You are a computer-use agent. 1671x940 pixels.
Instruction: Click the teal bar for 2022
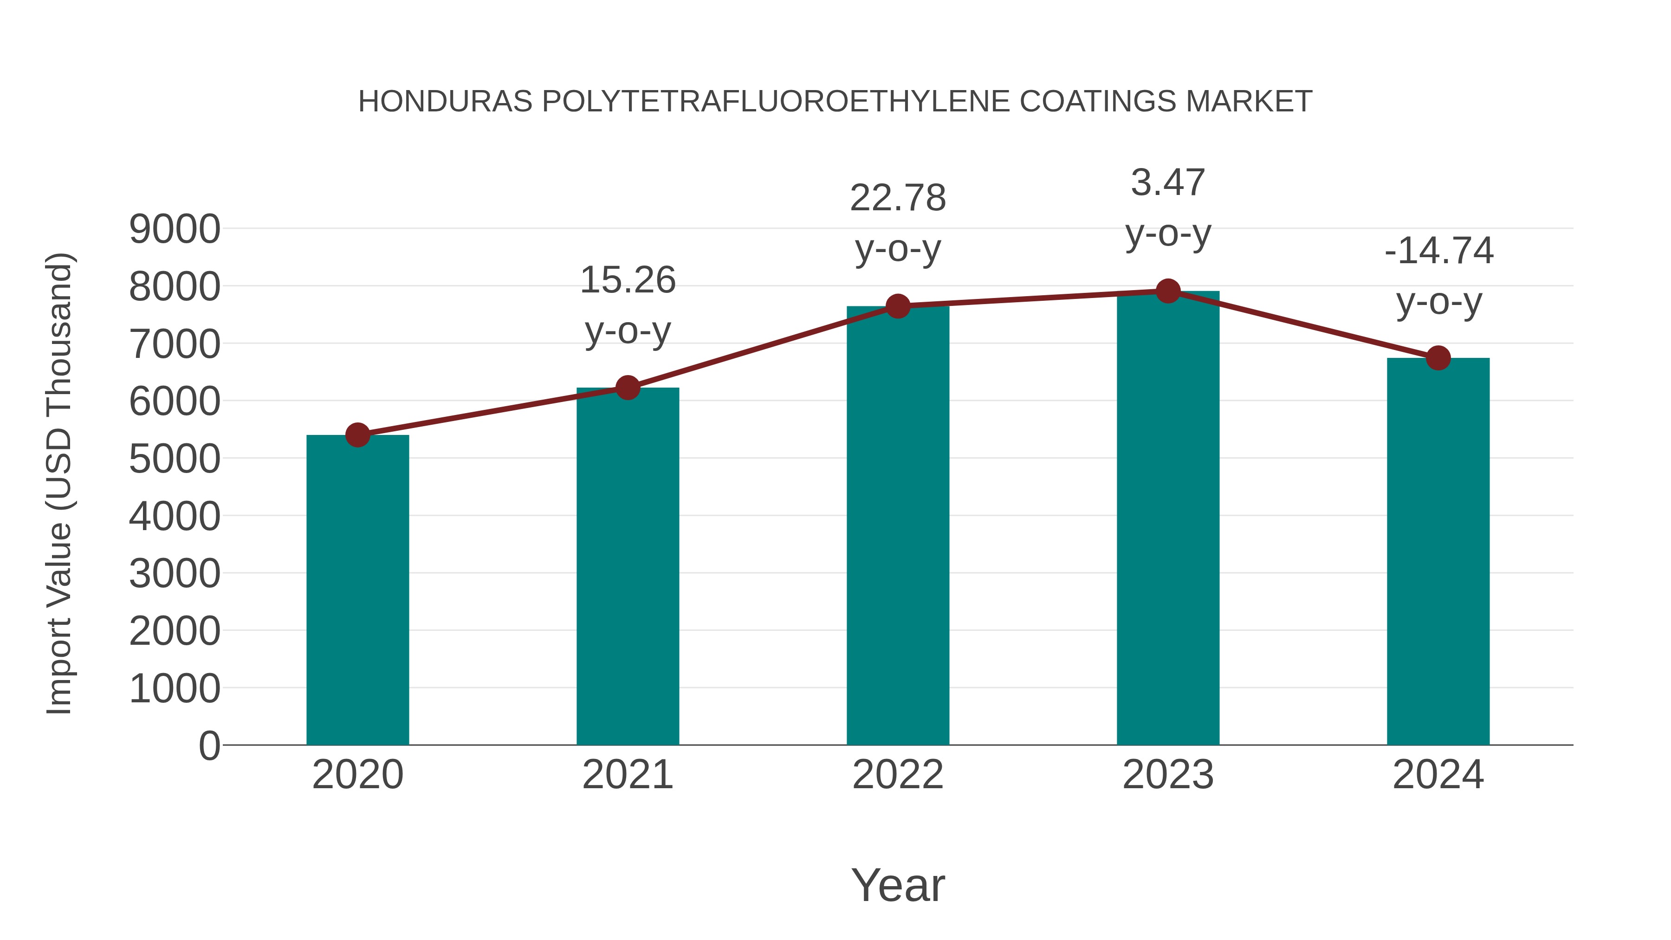898,525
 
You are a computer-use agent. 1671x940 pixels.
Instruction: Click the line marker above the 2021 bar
627,388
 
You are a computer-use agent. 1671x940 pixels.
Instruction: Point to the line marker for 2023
1168,291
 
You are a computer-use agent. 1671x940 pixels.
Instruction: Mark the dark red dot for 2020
357,434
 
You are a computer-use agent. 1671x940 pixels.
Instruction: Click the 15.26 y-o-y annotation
627,305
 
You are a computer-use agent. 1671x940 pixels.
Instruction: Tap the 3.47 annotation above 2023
1168,207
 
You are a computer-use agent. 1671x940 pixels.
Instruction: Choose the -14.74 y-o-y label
1438,276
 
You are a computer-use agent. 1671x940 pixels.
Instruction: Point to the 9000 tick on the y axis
175,229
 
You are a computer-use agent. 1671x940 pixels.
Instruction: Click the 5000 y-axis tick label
175,459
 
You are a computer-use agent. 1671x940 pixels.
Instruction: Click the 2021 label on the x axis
627,775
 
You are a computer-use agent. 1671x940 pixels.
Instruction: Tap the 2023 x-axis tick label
1168,775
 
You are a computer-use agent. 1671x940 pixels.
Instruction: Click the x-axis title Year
898,885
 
